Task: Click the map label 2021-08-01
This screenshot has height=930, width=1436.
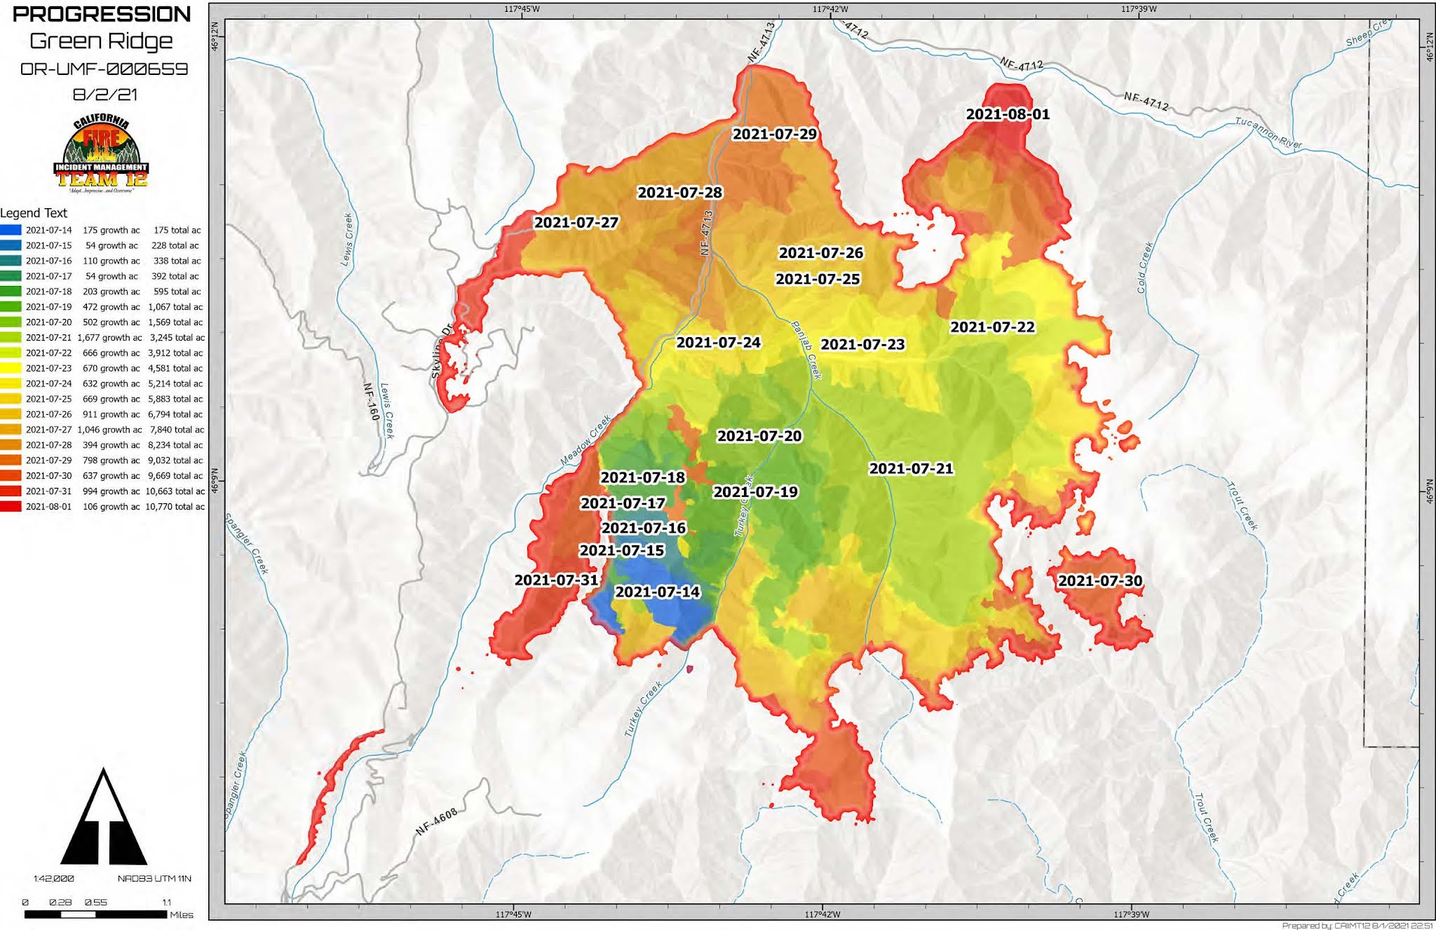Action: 1008,114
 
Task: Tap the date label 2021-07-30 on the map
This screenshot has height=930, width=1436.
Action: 1099,581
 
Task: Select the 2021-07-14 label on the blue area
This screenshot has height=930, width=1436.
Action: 657,592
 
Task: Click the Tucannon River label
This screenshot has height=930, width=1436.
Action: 1268,133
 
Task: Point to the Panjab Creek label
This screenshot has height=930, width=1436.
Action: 806,350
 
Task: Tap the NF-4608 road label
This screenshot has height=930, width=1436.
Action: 437,821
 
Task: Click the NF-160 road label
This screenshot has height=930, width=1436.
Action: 371,402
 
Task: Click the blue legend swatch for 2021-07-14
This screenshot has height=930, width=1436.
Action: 11,230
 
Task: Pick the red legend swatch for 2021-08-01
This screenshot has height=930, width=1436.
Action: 11,507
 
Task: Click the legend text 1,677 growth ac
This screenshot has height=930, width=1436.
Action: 109,338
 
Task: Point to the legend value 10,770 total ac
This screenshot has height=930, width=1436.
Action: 175,507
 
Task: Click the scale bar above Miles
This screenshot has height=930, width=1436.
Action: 95,915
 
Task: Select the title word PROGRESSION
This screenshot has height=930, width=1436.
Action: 102,14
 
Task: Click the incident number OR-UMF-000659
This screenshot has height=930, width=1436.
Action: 104,69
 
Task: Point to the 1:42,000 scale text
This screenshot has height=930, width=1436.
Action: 53,879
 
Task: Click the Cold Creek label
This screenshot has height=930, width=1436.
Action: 1144,268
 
